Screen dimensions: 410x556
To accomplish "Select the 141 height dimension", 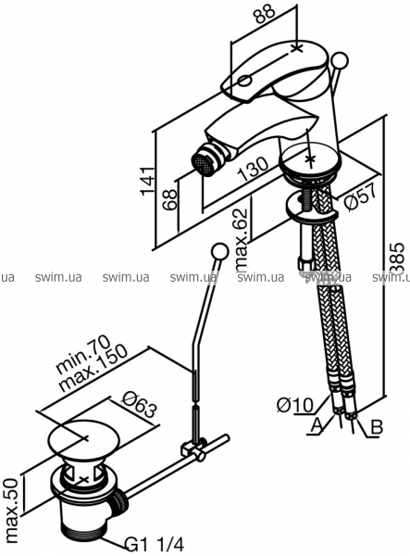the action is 148,181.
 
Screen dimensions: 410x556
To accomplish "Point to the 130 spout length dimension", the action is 254,169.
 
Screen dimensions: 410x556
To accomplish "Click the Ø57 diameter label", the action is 359,197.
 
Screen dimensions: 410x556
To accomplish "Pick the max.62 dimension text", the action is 242,239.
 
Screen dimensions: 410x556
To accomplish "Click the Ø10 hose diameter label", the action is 294,405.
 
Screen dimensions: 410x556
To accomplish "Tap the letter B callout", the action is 377,427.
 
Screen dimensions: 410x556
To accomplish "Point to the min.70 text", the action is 83,354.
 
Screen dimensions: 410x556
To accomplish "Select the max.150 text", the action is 93,369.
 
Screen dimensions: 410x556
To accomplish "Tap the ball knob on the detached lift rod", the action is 219,251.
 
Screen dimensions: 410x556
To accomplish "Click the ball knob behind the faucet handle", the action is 341,60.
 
